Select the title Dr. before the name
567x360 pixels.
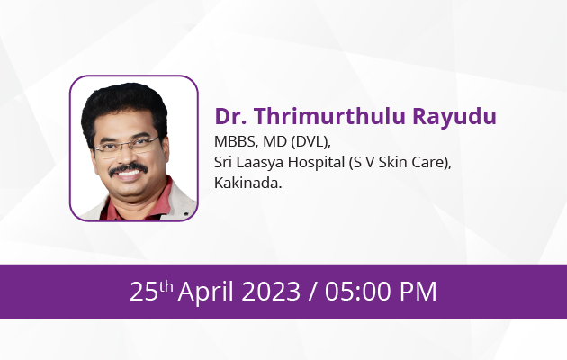pos(230,116)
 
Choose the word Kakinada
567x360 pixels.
pos(248,183)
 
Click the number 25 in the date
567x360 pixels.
pos(144,292)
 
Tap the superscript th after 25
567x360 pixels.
pos(166,286)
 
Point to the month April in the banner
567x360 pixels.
pos(206,292)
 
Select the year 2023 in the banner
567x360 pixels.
pos(271,292)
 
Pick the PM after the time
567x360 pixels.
pos(418,292)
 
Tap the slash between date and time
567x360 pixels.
pos(312,292)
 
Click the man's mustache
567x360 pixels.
pos(129,169)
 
